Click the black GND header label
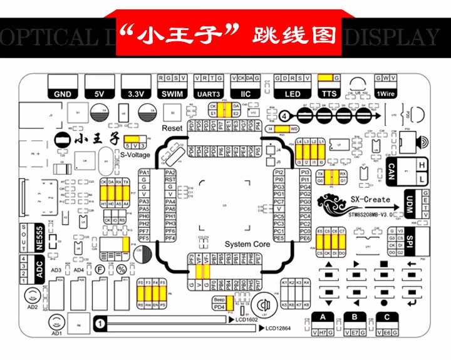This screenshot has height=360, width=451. [63, 94]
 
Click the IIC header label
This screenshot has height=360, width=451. [246, 94]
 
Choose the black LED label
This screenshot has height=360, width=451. [293, 94]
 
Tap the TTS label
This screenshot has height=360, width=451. [329, 94]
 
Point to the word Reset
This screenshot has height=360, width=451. [172, 128]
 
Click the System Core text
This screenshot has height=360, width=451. [247, 244]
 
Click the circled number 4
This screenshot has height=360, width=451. [284, 116]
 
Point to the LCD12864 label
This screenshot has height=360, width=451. [279, 327]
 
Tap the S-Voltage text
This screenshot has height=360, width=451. [135, 154]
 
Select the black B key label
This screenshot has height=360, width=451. [355, 317]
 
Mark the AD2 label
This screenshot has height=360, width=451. [31, 307]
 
